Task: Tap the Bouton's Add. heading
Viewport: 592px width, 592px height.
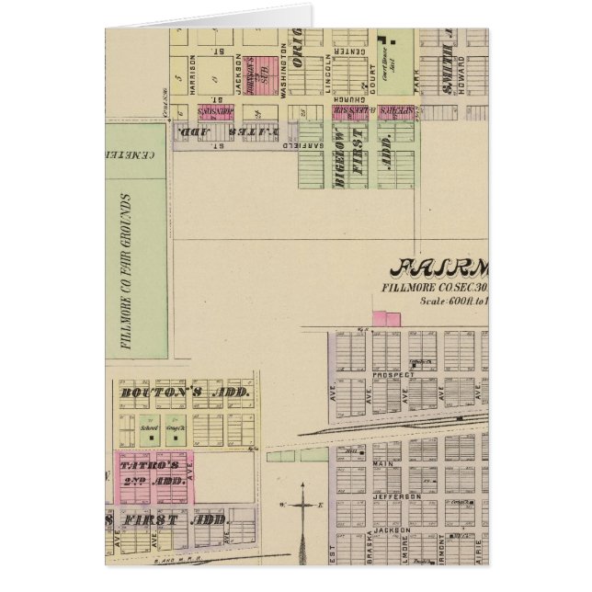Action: tap(185, 393)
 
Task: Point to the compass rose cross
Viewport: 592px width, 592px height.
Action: tap(302, 506)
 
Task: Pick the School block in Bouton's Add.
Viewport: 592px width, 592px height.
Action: tap(144, 429)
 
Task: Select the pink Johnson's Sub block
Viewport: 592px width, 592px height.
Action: tap(265, 73)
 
